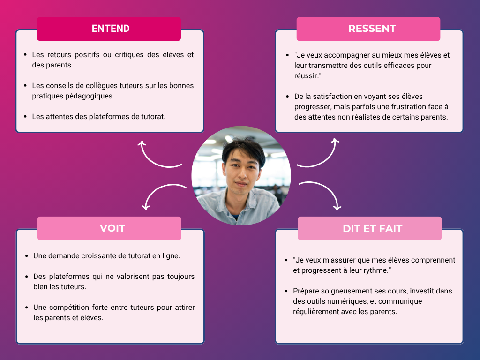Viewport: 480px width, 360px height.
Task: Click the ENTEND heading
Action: (x=111, y=29)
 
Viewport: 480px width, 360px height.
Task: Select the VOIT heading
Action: (x=112, y=228)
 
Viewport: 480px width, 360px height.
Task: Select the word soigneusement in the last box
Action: (x=344, y=291)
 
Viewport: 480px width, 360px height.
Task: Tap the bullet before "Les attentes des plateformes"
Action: (x=25, y=116)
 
